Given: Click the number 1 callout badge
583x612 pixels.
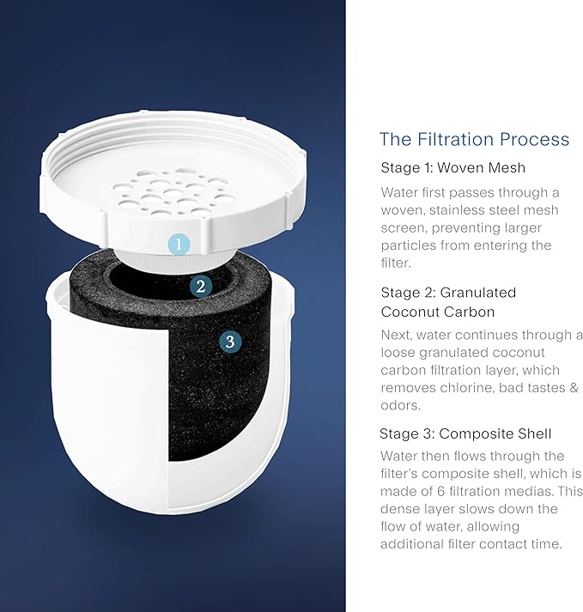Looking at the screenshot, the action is click(x=179, y=245).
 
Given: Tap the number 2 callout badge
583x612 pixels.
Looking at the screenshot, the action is click(x=201, y=287).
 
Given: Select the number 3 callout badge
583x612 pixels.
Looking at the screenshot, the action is click(x=230, y=342).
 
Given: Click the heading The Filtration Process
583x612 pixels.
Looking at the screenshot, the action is click(x=474, y=139).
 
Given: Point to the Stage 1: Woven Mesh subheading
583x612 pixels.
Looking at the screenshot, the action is click(x=453, y=168).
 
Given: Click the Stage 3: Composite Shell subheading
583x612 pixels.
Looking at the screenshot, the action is click(x=465, y=433).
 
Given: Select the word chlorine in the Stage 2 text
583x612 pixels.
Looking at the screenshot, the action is click(x=466, y=388).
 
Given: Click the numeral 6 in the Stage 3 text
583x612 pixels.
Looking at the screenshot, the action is click(x=440, y=491).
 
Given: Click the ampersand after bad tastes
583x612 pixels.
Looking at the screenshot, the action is click(x=574, y=388).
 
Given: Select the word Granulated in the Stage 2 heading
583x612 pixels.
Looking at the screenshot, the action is click(x=478, y=293).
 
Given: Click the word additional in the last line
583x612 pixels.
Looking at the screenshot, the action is click(x=411, y=543).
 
